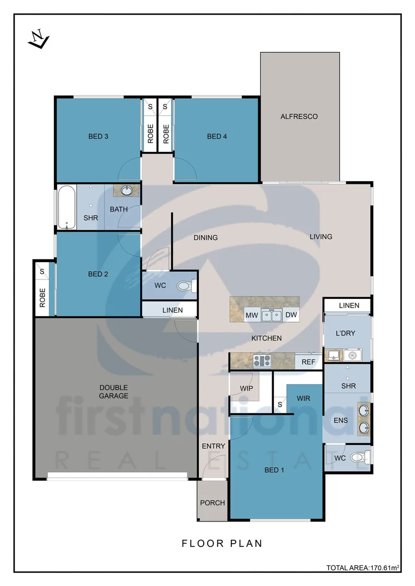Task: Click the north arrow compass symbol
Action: coord(39,40)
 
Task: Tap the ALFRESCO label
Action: coord(299,117)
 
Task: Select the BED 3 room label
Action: coord(98,136)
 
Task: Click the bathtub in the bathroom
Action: coord(66,208)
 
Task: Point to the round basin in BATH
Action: coord(127,191)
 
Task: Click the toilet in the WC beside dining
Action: coord(185,285)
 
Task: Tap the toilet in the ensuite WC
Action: coord(359,457)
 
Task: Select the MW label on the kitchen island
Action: coord(251,315)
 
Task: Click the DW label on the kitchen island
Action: coord(291,315)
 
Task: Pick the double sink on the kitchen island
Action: coord(271,315)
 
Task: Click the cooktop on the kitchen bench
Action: coord(262,361)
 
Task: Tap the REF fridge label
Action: coord(308,362)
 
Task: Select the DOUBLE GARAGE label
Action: coord(114,391)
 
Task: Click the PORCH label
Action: coord(212,503)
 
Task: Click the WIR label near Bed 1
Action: coord(303,398)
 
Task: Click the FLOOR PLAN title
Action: coord(222,543)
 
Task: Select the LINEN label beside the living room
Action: coord(349,305)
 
